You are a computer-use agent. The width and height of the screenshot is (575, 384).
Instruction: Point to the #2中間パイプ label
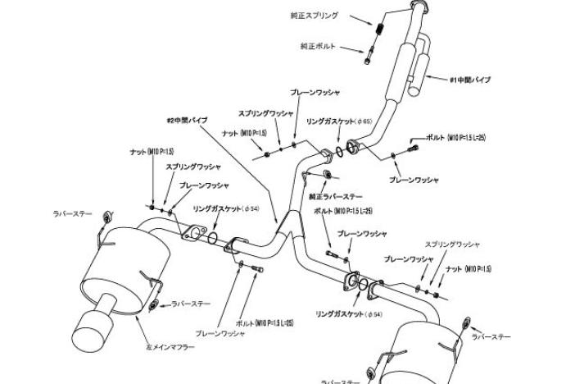187,119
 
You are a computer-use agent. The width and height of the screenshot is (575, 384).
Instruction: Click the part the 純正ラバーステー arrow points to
321,175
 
